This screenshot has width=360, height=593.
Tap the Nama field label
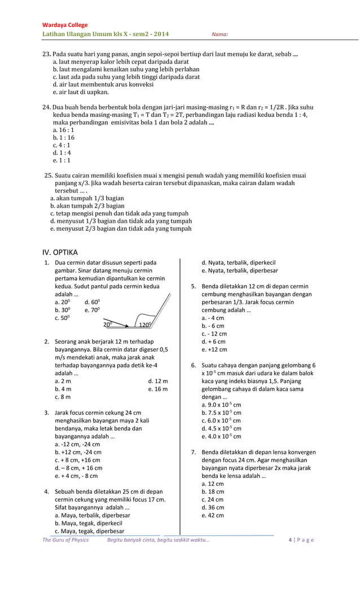(219, 35)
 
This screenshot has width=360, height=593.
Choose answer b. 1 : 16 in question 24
(63, 137)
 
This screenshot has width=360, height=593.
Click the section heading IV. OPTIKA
(60, 252)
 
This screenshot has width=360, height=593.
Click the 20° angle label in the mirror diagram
(108, 324)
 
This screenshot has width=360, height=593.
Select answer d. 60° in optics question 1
(92, 302)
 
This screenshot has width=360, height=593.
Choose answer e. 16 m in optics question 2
(158, 389)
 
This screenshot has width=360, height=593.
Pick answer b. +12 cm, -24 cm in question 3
(78, 452)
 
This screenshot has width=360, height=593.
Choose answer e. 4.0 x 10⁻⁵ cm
(221, 436)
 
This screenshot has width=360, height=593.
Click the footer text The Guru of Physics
(65, 540)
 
